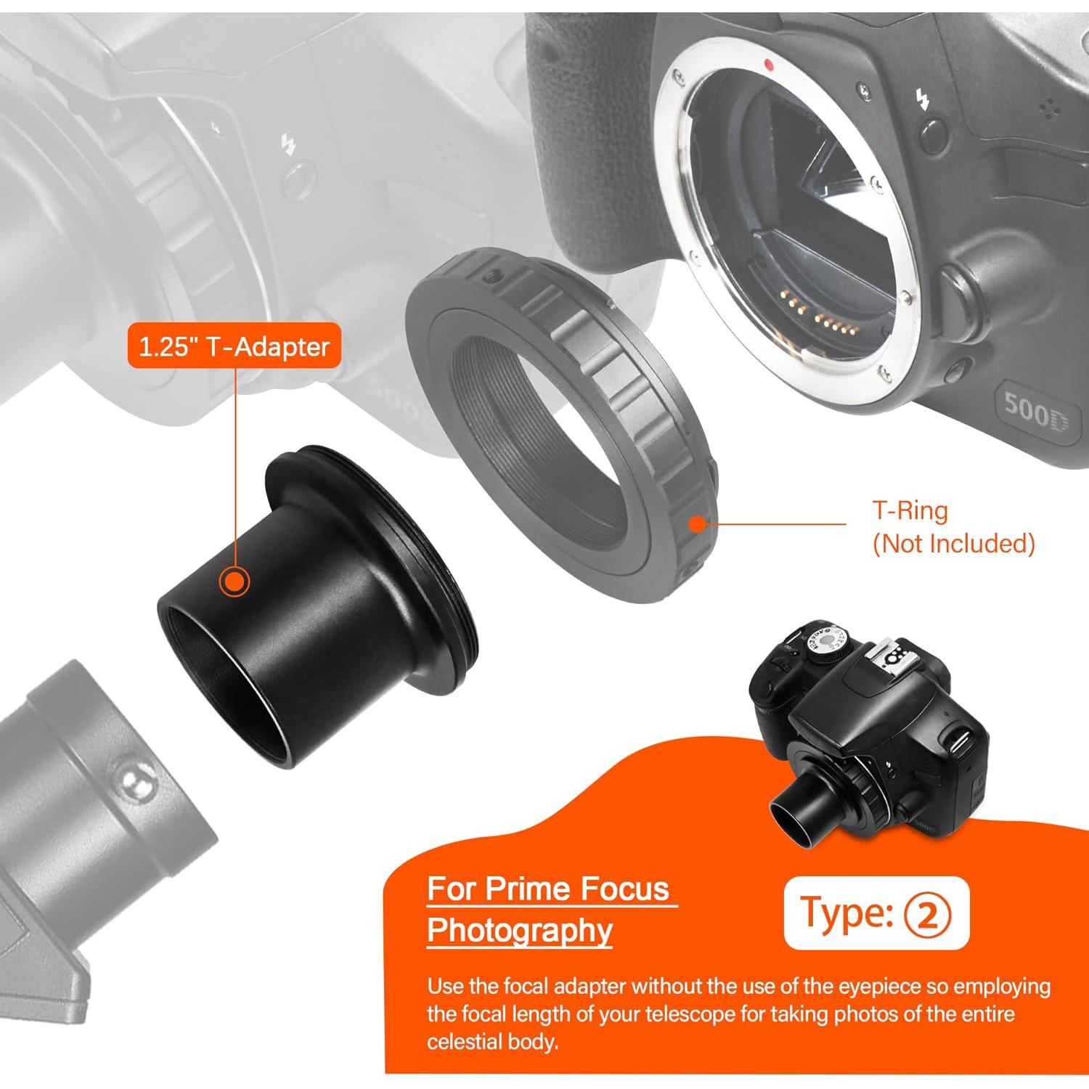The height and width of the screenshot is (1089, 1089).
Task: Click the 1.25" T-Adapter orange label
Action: [234, 347]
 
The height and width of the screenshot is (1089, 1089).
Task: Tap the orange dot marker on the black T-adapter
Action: [234, 582]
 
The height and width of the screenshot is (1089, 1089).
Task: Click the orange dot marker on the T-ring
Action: [697, 523]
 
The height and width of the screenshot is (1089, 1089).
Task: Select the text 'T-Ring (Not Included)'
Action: [953, 527]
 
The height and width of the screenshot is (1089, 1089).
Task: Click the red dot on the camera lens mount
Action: [769, 65]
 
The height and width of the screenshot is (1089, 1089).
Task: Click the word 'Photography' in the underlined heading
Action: [520, 931]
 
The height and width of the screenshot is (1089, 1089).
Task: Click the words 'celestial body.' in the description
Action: [493, 1042]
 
